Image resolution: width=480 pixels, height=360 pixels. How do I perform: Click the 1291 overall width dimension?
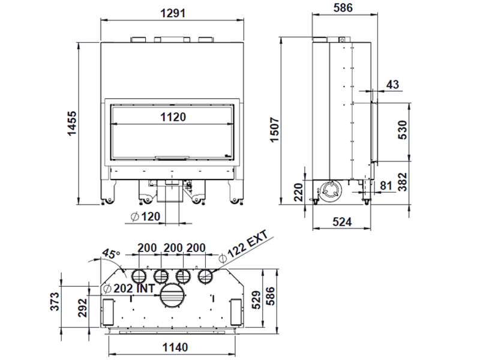coord(173,13)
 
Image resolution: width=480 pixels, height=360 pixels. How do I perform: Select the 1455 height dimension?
coord(71,124)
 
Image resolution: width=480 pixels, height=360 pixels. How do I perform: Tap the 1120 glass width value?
coord(173,117)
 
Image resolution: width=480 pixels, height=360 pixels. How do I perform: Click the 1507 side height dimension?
coord(275,129)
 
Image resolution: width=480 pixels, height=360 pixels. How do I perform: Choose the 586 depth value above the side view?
coord(343,8)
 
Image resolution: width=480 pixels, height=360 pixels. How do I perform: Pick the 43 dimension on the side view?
coord(392,84)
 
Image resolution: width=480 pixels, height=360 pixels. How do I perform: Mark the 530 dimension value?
coord(403,130)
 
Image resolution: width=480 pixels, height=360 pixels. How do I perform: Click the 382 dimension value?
coord(403,182)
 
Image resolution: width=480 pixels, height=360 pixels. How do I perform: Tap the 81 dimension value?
coord(385,185)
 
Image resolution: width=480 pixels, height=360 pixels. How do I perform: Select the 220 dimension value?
coord(298,192)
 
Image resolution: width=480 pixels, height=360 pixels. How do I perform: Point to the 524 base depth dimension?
coord(342,221)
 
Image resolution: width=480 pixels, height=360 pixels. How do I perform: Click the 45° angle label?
coord(111,253)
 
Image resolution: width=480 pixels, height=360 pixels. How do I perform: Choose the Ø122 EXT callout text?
coord(244,248)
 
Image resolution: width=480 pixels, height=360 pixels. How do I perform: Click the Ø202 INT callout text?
coord(130,289)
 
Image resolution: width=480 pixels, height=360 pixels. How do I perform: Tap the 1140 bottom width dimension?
coord(175,347)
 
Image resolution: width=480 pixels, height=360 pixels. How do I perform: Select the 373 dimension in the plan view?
coord(55,302)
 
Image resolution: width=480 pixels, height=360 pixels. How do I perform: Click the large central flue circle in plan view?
coord(172,295)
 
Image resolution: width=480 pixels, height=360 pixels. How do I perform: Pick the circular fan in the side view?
coord(330,190)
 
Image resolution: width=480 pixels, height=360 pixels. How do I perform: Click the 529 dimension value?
coord(257,299)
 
